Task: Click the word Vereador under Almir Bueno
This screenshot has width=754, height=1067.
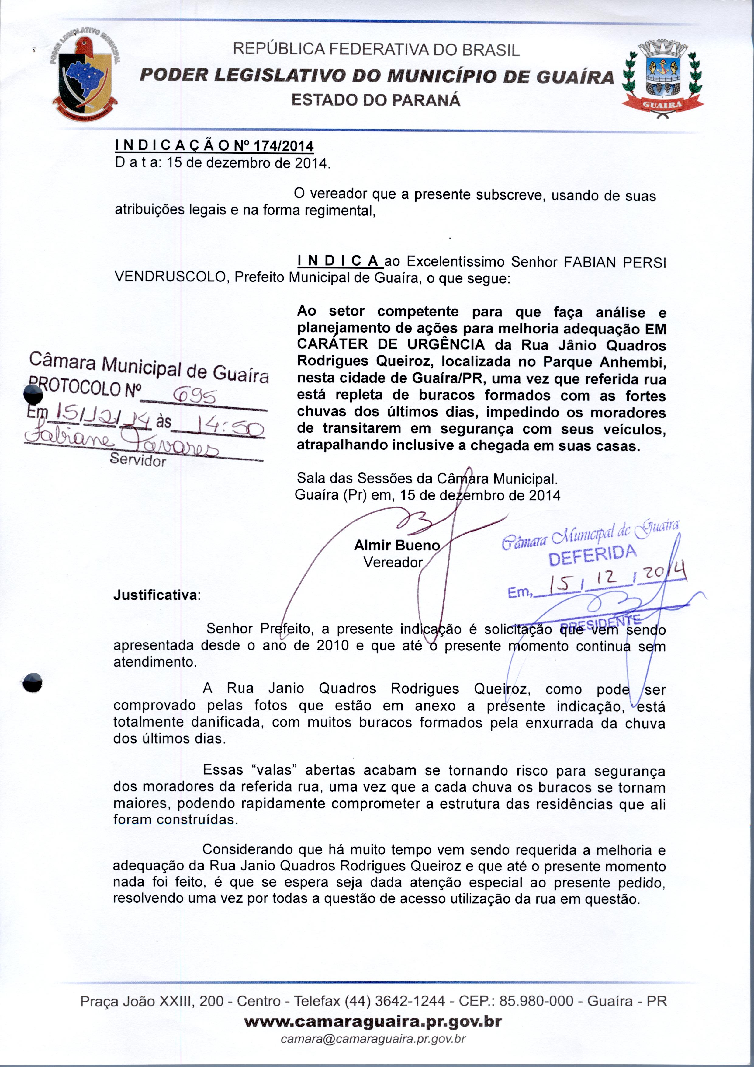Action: pyautogui.click(x=393, y=562)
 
